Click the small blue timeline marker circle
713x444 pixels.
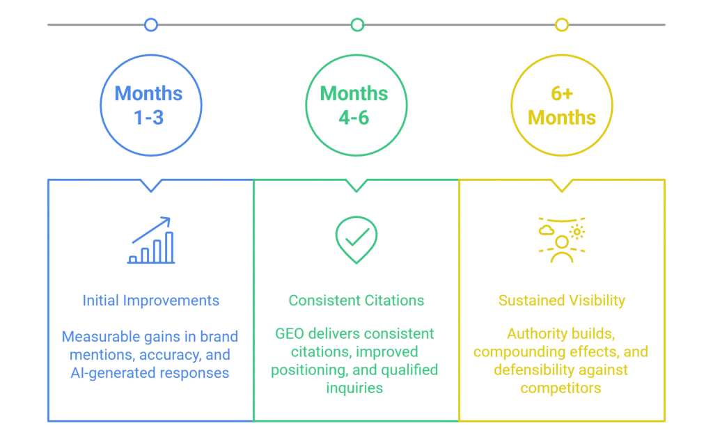coord(150,25)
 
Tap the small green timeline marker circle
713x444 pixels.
coord(357,25)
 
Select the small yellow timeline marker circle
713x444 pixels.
coord(562,25)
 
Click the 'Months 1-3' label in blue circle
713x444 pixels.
coord(150,105)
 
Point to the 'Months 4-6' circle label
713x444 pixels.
coord(354,105)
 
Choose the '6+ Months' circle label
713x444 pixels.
coord(562,105)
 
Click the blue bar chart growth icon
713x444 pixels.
coord(151,241)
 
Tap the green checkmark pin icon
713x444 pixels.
coord(356,239)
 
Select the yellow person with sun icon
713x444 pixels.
coord(561,240)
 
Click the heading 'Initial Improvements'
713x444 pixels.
coord(150,301)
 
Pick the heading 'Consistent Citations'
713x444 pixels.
coord(356,301)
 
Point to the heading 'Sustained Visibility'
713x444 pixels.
coord(562,301)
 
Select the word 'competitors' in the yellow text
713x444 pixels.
coord(561,388)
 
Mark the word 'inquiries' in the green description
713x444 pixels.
coord(356,388)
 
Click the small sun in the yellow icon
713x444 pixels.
coord(577,232)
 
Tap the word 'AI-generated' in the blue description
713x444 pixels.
coord(110,373)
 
